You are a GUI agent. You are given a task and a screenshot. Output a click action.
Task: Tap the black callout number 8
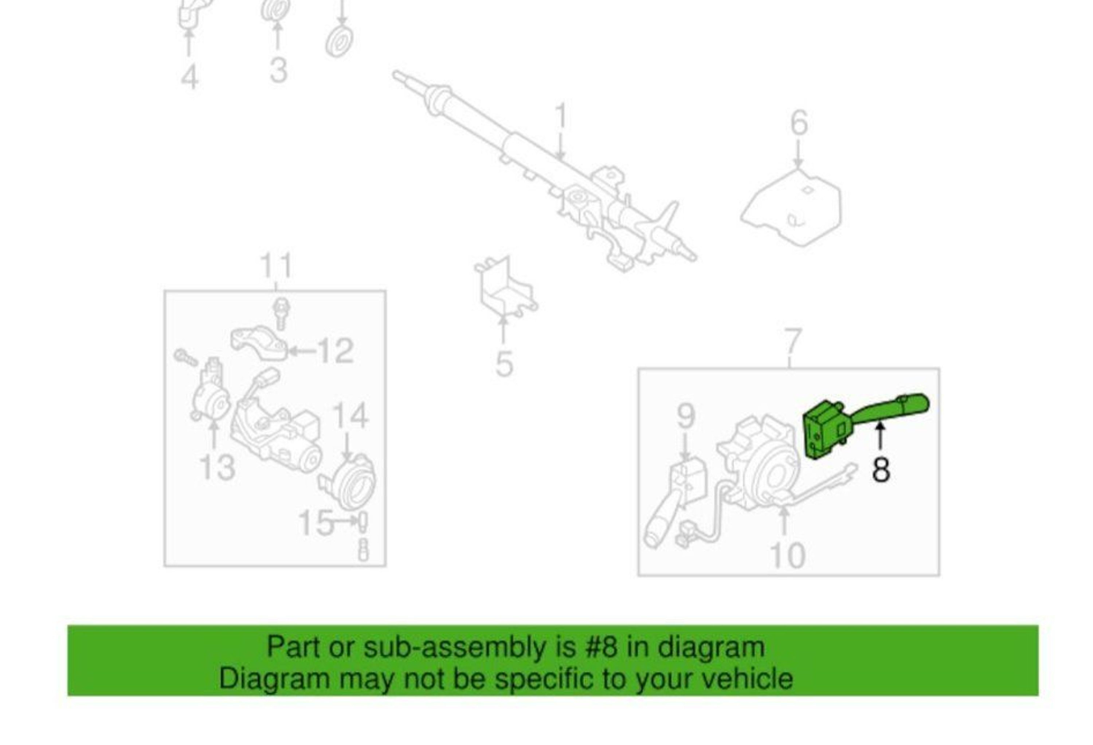[881, 470]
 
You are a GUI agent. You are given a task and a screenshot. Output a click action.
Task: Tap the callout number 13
[217, 468]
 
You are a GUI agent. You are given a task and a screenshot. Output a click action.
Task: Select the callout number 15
[316, 523]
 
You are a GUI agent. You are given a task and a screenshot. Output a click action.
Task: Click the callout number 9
[686, 415]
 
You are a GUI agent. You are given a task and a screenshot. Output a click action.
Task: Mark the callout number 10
[787, 556]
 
